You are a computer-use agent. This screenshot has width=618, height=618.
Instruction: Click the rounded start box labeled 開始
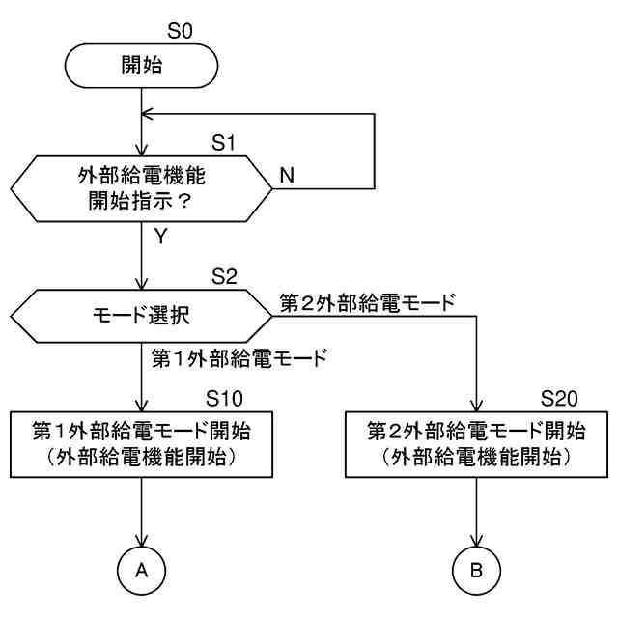click(x=142, y=66)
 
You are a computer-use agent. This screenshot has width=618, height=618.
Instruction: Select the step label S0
click(x=181, y=30)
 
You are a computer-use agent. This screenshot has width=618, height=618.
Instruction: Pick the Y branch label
click(x=160, y=236)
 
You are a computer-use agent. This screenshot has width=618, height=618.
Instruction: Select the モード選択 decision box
click(x=142, y=314)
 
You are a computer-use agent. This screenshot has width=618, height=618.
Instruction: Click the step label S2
click(x=224, y=278)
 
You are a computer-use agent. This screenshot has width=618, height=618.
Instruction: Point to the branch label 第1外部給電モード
click(x=239, y=359)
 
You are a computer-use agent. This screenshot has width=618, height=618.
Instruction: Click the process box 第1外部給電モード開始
click(x=142, y=444)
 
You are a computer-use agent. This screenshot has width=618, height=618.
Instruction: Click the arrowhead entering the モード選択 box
click(x=142, y=284)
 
